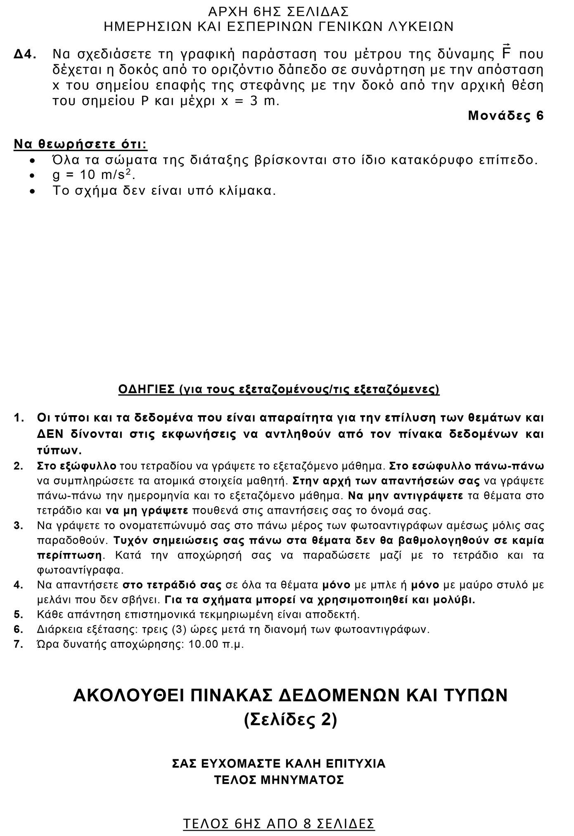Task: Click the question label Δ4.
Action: click(x=26, y=55)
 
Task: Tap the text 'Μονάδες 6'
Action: click(x=505, y=116)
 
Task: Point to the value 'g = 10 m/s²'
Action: click(x=94, y=175)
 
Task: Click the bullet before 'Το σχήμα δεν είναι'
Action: click(x=33, y=191)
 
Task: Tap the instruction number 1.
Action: click(x=18, y=418)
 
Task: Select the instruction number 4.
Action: click(x=18, y=585)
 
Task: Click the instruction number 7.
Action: click(x=18, y=644)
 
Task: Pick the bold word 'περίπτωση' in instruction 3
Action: click(x=69, y=555)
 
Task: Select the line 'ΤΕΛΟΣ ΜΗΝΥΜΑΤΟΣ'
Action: click(x=279, y=780)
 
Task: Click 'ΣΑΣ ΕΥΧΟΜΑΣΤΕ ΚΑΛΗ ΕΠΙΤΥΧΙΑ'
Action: click(x=279, y=763)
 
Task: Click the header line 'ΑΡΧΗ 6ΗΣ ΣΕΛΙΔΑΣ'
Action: click(x=279, y=11)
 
